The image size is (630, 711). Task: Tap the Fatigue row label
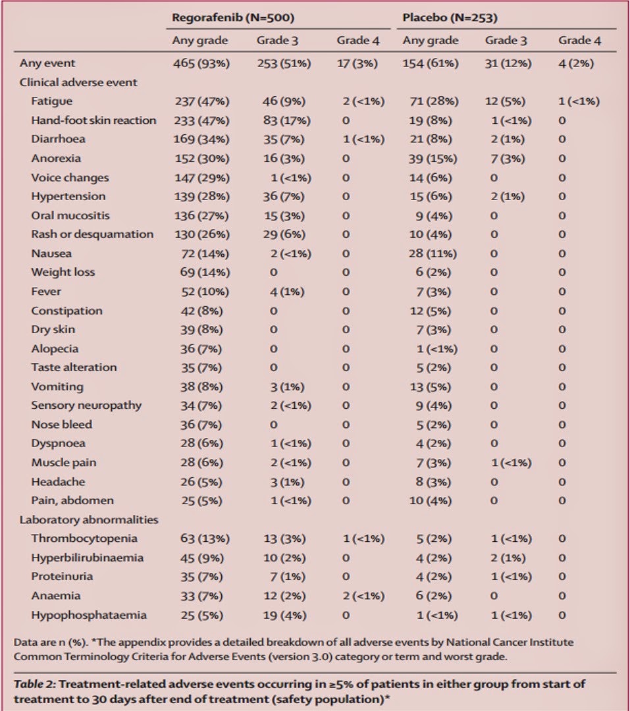pos(51,101)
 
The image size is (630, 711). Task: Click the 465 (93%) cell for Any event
pos(201,63)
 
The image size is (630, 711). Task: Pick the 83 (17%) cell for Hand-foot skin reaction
pos(280,120)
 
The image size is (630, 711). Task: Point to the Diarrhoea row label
pos(58,140)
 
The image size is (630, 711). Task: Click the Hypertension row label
pos(68,196)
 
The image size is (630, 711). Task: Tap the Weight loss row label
pos(63,272)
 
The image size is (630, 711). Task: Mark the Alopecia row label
pos(54,348)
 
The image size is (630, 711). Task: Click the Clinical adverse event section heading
pos(78,82)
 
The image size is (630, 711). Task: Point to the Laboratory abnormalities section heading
pos(89,519)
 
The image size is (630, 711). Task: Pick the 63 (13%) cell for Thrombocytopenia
pos(205,539)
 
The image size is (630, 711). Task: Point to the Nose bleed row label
pos(61,425)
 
